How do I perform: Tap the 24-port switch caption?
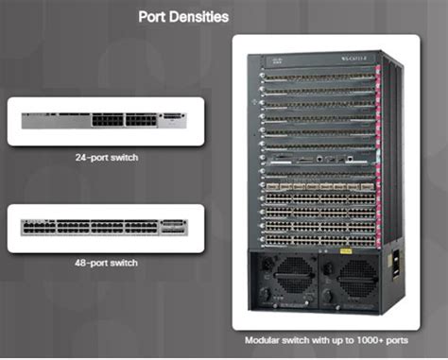(x=107, y=158)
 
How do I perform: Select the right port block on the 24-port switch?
(x=138, y=121)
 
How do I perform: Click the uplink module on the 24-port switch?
(x=175, y=120)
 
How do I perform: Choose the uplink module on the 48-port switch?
(x=174, y=228)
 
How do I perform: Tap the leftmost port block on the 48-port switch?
(x=43, y=228)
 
